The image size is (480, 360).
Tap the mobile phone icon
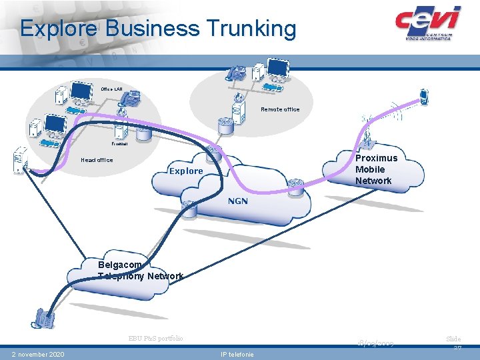[x=423, y=97]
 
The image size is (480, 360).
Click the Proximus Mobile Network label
[x=376, y=169]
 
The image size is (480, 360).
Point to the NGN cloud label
[x=237, y=201]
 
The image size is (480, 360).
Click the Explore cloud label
[x=186, y=171]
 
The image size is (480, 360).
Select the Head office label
[x=97, y=160]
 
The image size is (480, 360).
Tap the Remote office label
[x=280, y=109]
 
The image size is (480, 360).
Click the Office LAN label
[x=111, y=89]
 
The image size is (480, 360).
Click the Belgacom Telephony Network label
[x=140, y=271]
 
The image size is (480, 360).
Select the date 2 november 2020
[x=38, y=354]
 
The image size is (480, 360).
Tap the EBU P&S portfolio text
[x=156, y=339]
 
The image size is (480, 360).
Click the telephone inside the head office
[x=130, y=99]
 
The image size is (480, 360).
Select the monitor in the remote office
[x=278, y=67]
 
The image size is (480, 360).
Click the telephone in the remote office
[x=235, y=73]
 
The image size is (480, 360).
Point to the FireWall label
[x=119, y=143]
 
